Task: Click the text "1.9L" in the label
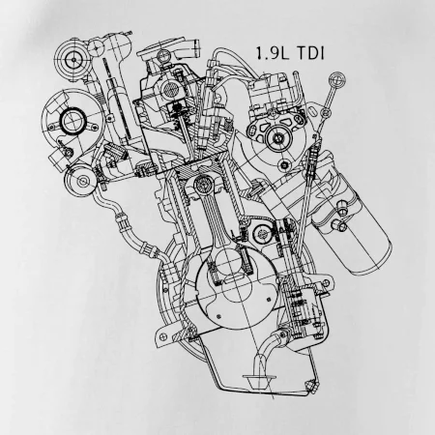point(273,53)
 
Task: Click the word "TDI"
point(310,53)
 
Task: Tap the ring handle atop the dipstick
point(337,79)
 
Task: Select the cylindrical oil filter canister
point(361,231)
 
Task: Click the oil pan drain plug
point(311,385)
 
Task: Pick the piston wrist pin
point(203,185)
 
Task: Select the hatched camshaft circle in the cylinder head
point(170,88)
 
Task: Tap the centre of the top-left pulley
point(73,60)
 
